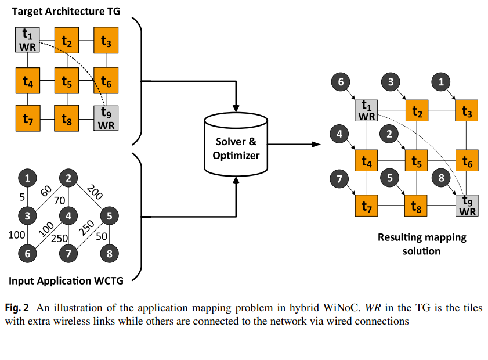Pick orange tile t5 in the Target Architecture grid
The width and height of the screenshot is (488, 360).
(x=67, y=81)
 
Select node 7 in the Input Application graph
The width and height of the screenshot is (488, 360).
(x=68, y=253)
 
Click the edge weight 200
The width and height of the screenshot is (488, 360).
(x=94, y=191)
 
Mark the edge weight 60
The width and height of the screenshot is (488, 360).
(x=46, y=191)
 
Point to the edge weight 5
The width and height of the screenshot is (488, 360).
(x=21, y=196)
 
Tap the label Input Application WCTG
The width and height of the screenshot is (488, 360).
(x=66, y=281)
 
